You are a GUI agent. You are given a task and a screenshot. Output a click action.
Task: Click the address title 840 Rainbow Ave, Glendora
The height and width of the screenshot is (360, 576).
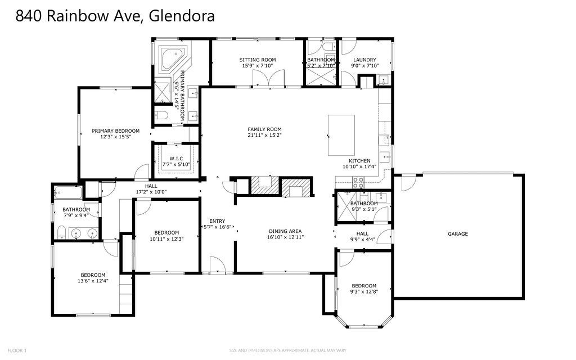tap(115, 16)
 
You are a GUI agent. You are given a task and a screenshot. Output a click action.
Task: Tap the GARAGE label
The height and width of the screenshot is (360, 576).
tap(457, 234)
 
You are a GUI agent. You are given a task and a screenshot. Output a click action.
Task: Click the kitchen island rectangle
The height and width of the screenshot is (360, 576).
tap(341, 135)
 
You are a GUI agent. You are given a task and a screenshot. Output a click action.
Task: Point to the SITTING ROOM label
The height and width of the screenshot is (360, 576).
tap(258, 60)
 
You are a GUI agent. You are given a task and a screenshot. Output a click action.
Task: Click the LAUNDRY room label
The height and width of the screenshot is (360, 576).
tap(364, 60)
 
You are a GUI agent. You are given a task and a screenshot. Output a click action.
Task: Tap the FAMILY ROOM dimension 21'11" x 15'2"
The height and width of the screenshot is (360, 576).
tap(264, 136)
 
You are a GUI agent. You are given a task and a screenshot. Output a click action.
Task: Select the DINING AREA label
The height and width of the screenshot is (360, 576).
tap(286, 231)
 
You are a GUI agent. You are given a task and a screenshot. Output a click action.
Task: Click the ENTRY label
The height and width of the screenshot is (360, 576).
tap(218, 220)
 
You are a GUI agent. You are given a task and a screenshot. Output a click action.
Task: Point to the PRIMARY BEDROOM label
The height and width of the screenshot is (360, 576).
tap(115, 130)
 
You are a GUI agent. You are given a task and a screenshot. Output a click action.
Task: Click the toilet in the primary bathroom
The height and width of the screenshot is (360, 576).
tap(161, 115)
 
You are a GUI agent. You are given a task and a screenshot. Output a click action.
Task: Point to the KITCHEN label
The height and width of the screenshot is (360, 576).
tap(359, 160)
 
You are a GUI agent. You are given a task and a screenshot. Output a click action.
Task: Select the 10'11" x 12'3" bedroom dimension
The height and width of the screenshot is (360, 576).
tap(166, 238)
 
